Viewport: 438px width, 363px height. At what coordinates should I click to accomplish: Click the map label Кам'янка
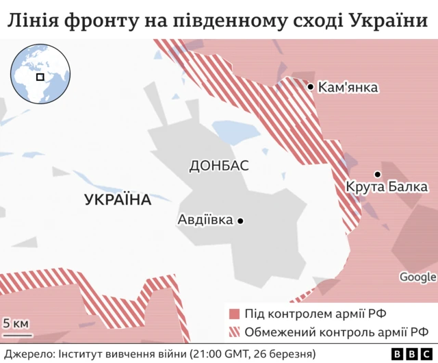click(348, 88)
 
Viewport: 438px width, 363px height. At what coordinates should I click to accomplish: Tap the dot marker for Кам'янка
click(311, 87)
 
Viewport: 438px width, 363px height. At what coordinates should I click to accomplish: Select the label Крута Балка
click(387, 187)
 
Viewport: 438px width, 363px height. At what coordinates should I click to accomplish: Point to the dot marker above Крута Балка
click(377, 174)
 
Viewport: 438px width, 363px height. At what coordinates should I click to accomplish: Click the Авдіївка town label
click(205, 221)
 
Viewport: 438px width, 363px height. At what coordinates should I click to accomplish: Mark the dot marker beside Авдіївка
click(240, 221)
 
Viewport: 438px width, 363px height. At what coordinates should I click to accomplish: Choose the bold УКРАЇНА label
click(117, 201)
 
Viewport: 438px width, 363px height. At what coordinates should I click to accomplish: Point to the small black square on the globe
click(40, 77)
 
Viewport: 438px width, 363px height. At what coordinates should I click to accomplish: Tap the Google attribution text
click(417, 277)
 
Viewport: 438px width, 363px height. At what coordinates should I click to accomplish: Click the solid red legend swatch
click(234, 314)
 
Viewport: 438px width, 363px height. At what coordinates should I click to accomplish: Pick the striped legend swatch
click(234, 332)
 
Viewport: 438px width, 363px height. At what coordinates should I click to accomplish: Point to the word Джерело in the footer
click(27, 353)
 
